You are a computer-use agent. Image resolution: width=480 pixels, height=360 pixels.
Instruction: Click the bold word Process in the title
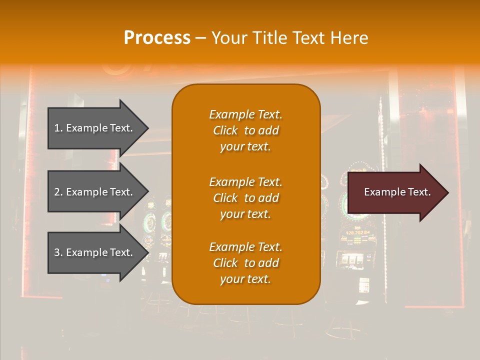point(157,38)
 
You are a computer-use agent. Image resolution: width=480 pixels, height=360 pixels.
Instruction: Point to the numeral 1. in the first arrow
point(58,128)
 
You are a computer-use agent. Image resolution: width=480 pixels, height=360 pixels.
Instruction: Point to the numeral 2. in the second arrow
point(58,192)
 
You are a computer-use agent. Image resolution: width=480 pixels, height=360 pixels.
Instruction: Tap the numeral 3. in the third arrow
point(58,252)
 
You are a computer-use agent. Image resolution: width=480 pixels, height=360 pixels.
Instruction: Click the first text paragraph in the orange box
point(245,130)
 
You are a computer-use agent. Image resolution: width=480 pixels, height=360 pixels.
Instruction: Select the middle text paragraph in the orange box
point(245,198)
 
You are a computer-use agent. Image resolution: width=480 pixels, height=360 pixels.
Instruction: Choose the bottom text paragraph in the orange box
point(245,263)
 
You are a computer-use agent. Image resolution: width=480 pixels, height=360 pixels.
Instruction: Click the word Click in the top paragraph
point(225,130)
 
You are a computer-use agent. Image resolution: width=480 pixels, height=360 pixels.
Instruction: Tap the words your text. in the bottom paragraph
point(245,279)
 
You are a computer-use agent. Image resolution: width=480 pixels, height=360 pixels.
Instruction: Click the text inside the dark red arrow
point(397,192)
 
